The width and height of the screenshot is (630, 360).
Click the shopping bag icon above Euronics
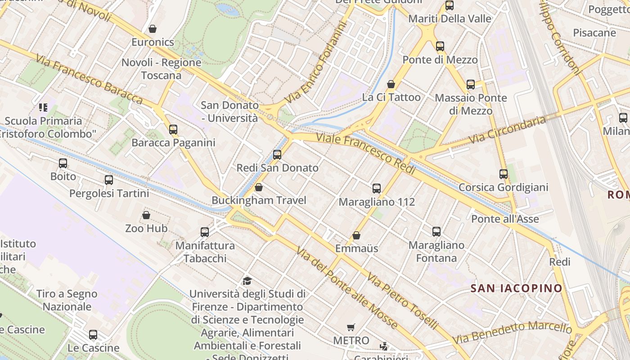[153, 29]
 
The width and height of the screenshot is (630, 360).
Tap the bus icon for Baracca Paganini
[173, 130]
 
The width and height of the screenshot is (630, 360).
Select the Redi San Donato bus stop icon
[277, 155]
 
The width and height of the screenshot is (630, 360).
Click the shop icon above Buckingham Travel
[259, 187]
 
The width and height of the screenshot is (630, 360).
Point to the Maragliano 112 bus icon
[377, 189]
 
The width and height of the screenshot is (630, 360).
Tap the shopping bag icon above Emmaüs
[356, 235]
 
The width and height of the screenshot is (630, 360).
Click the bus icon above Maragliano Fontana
[436, 232]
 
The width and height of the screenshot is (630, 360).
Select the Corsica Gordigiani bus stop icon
[504, 174]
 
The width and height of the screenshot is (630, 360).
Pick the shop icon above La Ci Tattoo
[391, 84]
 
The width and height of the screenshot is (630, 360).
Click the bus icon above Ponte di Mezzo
[440, 46]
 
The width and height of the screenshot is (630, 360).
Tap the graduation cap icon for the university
[247, 281]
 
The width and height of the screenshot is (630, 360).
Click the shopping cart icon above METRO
[351, 327]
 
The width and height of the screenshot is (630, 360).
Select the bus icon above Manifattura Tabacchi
[205, 232]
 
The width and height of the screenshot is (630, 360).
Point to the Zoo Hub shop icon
[146, 215]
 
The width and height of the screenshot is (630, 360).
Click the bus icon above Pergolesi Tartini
[109, 180]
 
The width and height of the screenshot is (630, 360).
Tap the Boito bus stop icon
[63, 163]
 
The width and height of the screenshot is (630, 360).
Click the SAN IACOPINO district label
[517, 288]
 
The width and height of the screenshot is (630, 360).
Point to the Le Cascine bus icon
[93, 335]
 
